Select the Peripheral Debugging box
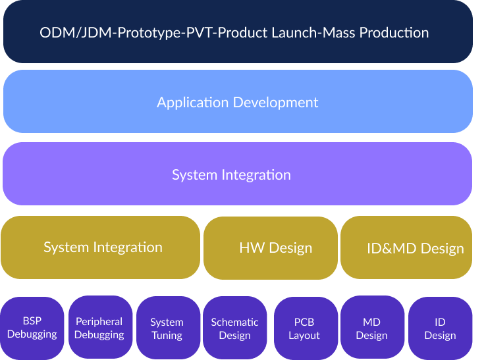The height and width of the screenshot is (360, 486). [x=99, y=328]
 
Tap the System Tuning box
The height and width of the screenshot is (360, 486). [x=167, y=328]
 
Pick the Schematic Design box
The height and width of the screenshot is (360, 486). [x=235, y=328]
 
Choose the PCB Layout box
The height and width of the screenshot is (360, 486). [x=304, y=328]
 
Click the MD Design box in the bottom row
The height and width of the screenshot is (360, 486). [x=372, y=328]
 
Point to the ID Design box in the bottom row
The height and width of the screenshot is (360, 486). [x=440, y=328]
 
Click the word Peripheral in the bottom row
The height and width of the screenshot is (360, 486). [x=99, y=321]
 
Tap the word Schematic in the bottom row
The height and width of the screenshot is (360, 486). [x=235, y=322]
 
